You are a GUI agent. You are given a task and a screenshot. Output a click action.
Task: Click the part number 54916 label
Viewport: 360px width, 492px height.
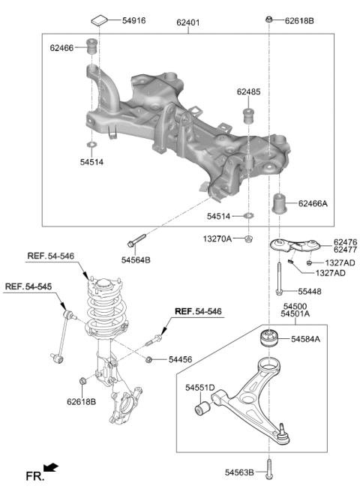coord(134,21)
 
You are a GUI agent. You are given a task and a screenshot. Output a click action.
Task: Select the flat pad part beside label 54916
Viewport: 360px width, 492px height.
coord(100,20)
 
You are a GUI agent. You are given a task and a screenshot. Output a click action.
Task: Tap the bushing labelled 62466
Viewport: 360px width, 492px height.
coord(91,46)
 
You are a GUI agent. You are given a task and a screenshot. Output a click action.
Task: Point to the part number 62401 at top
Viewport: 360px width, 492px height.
coord(188,22)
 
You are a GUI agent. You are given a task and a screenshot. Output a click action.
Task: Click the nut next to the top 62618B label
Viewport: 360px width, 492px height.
coord(268,19)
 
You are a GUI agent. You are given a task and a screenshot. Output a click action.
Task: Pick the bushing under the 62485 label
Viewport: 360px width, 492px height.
coord(248,115)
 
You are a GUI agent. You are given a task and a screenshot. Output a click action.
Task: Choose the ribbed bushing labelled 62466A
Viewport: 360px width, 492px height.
coord(279,204)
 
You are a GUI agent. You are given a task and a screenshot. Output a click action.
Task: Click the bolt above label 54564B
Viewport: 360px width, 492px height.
coord(136,240)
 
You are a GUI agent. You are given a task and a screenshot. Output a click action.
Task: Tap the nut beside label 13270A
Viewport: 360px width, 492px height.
coord(249,239)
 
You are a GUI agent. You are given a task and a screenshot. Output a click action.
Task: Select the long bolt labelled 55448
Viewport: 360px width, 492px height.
coord(279,279)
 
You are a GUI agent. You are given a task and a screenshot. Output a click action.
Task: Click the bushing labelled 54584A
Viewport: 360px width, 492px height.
coord(269,337)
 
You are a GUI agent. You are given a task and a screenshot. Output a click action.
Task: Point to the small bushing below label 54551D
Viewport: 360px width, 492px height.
coord(202,407)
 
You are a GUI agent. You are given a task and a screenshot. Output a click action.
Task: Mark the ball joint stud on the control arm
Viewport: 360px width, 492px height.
coord(283,430)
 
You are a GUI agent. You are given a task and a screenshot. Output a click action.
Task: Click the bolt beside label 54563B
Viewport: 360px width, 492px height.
coord(269,469)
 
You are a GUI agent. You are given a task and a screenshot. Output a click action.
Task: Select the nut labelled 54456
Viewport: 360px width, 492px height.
coord(149,359)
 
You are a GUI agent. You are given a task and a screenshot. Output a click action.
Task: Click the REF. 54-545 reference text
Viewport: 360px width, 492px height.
coord(28,286)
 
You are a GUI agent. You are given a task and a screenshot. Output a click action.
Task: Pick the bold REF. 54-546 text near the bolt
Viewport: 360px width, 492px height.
coord(198,311)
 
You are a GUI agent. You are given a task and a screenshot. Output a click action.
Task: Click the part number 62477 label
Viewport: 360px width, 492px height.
coord(345,250)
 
